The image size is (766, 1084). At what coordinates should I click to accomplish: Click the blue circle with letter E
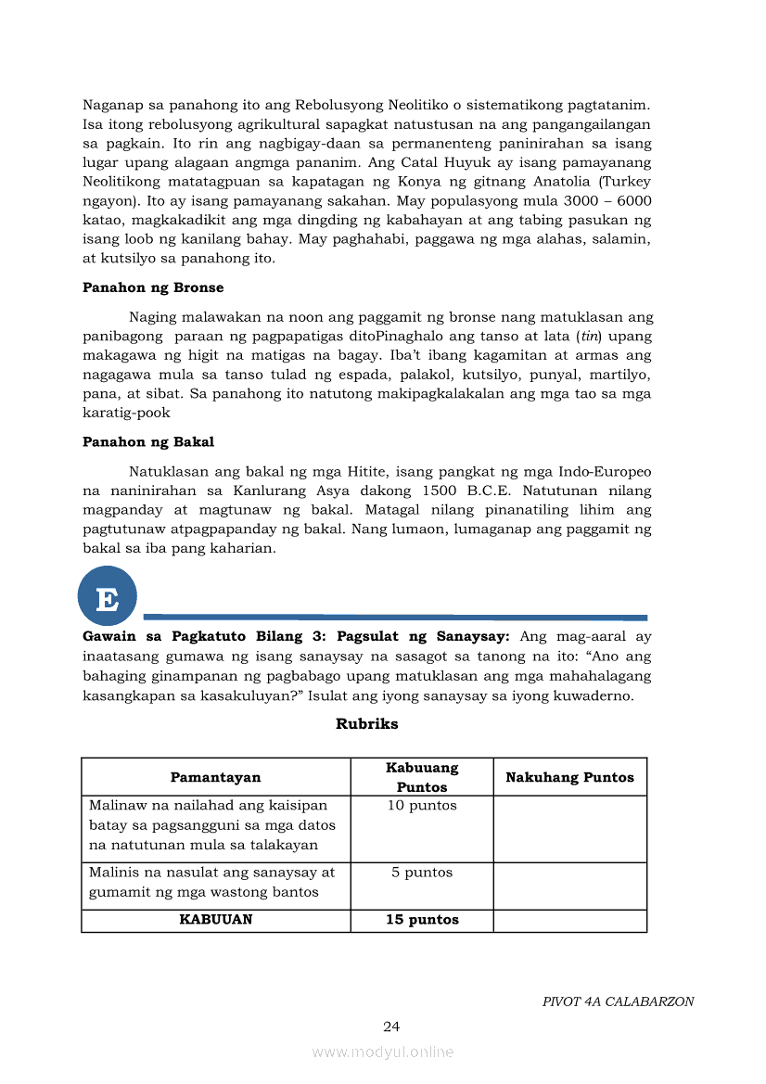click(x=108, y=595)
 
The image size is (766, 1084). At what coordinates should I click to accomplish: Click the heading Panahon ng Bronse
click(x=153, y=287)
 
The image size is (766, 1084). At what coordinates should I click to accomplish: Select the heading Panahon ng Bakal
click(x=148, y=441)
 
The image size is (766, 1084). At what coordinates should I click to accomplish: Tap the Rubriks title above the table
click(x=366, y=723)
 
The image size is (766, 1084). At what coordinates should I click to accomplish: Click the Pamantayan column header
click(x=215, y=777)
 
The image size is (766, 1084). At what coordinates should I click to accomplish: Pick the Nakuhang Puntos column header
click(x=569, y=777)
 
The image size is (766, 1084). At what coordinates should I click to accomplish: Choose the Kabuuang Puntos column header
click(x=422, y=777)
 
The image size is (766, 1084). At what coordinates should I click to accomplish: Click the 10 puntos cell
click(x=422, y=806)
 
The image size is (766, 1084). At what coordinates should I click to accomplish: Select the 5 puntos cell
click(x=422, y=873)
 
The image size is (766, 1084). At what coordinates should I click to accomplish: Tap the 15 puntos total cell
click(x=422, y=920)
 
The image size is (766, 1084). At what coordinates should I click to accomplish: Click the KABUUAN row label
click(x=215, y=920)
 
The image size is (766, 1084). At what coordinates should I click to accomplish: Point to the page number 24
click(x=391, y=1026)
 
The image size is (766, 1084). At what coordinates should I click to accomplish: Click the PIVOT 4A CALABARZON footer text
click(x=618, y=1001)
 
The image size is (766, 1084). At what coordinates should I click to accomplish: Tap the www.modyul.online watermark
click(x=383, y=1052)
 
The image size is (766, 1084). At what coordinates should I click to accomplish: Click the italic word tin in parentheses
click(x=586, y=335)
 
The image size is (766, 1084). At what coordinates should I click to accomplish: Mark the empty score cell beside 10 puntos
click(x=569, y=829)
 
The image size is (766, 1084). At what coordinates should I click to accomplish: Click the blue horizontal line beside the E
click(x=395, y=617)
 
